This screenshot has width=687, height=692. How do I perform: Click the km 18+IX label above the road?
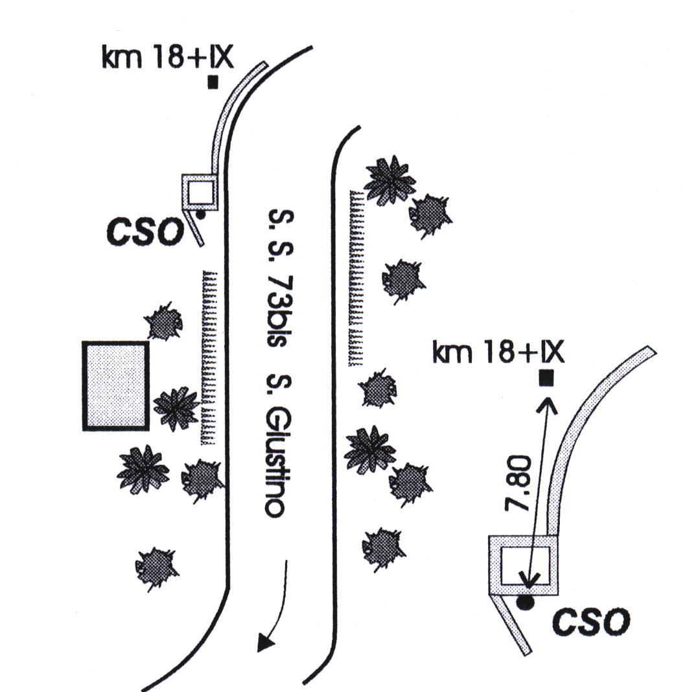click(167, 59)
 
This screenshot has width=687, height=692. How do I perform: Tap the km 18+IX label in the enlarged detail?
click(498, 354)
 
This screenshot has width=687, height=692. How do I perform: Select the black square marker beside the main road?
click(213, 82)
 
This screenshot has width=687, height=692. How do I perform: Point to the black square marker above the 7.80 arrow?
click(546, 376)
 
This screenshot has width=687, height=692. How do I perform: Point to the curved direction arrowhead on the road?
click(264, 643)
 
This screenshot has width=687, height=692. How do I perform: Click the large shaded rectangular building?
click(116, 386)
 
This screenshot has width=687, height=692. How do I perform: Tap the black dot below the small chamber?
click(201, 214)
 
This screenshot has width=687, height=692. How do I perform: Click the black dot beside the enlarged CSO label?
click(526, 603)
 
